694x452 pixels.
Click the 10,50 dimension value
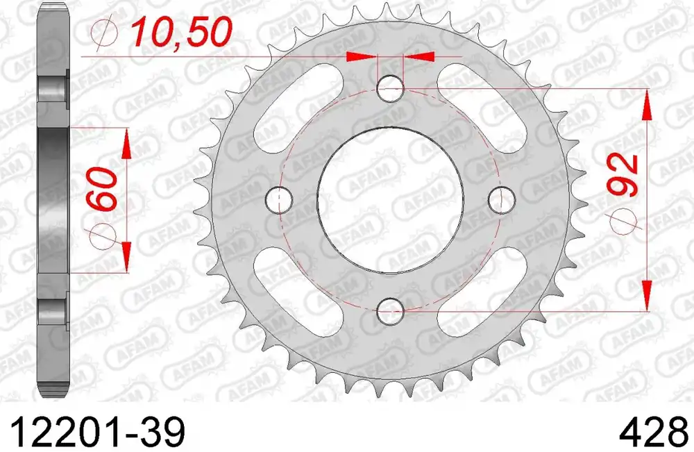coord(181,32)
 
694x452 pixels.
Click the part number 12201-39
coord(96,432)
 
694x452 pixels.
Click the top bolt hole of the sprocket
coord(390,89)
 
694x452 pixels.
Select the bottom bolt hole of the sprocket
coord(390,311)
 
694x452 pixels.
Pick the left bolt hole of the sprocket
coord(279,200)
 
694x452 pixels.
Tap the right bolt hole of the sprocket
coord(502,200)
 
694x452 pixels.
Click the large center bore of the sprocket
coord(390,200)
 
